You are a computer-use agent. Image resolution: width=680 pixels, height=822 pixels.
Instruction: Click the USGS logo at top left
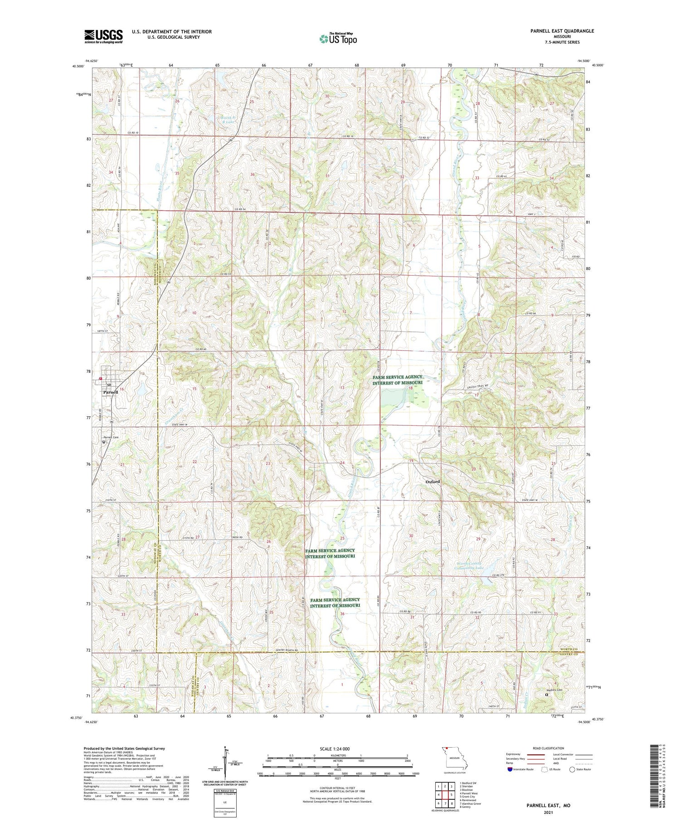click(103, 36)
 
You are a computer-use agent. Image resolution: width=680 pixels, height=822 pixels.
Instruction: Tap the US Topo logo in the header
click(338, 39)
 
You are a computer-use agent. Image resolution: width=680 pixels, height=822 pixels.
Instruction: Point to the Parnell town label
click(110, 392)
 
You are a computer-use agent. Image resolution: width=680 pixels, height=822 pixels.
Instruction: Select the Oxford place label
click(432, 482)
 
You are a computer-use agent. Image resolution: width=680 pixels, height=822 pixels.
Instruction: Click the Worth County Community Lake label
click(470, 565)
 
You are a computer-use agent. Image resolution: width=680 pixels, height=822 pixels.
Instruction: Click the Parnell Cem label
click(109, 437)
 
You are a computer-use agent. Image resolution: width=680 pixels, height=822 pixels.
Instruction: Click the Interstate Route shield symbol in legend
click(510, 769)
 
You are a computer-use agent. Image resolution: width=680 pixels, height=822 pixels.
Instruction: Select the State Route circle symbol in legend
click(572, 769)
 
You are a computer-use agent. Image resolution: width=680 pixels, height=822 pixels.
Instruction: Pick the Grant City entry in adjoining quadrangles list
click(467, 797)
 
